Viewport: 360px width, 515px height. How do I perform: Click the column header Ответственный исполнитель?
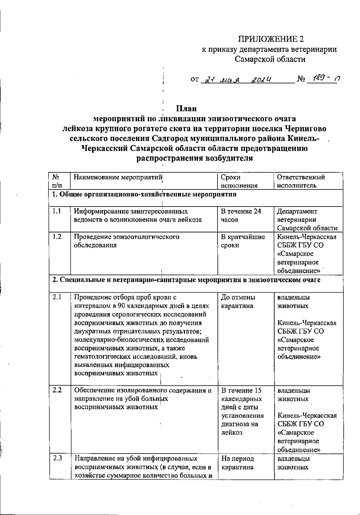[x=301, y=181]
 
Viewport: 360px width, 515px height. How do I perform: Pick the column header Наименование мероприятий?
[x=118, y=177]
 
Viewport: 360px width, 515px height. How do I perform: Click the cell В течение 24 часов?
[x=241, y=215]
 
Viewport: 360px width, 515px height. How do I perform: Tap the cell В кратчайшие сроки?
[x=243, y=241]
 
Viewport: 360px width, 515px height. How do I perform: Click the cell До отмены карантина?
[x=238, y=302]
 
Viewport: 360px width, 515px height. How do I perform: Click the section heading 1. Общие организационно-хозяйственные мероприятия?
[x=144, y=195]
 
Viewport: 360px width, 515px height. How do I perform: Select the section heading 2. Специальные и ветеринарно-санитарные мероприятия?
[x=186, y=280]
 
